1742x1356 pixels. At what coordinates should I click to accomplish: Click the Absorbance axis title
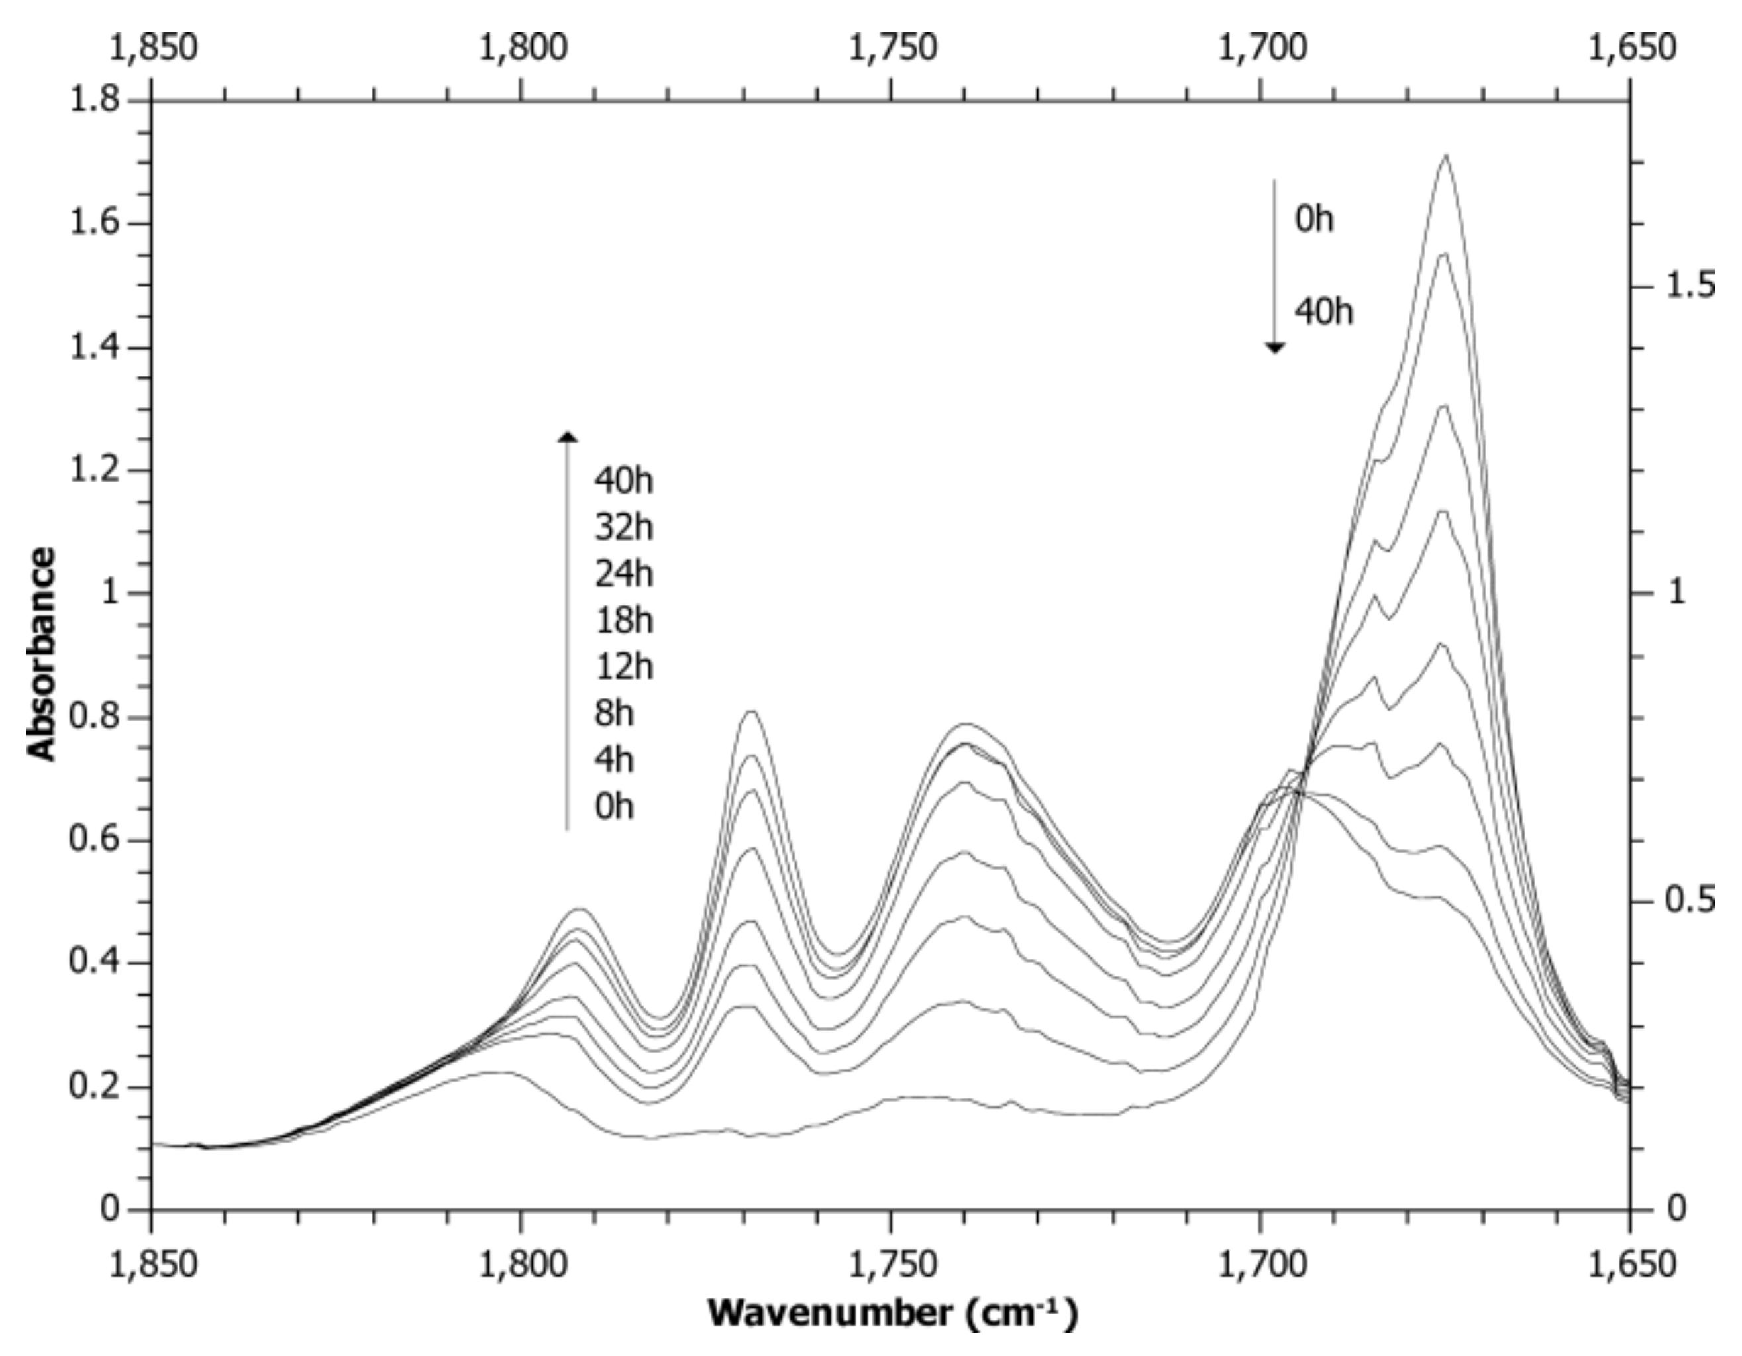(42, 654)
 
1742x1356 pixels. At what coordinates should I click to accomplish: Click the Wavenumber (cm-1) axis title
(893, 1312)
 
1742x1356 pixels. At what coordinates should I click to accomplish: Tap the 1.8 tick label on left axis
(94, 100)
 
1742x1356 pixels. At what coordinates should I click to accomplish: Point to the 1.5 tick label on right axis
(1690, 285)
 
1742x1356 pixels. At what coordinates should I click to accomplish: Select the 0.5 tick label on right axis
(1690, 900)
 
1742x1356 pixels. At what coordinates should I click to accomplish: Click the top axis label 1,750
(892, 48)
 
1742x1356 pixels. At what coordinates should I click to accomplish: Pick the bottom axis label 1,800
(523, 1263)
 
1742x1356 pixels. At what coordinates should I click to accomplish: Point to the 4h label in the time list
(613, 759)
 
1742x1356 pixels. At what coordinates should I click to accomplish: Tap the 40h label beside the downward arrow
(1323, 311)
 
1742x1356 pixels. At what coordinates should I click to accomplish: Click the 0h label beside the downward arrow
(1313, 219)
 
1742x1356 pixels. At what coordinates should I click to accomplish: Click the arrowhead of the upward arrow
(567, 435)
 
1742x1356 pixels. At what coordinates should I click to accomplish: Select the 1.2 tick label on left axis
(94, 470)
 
